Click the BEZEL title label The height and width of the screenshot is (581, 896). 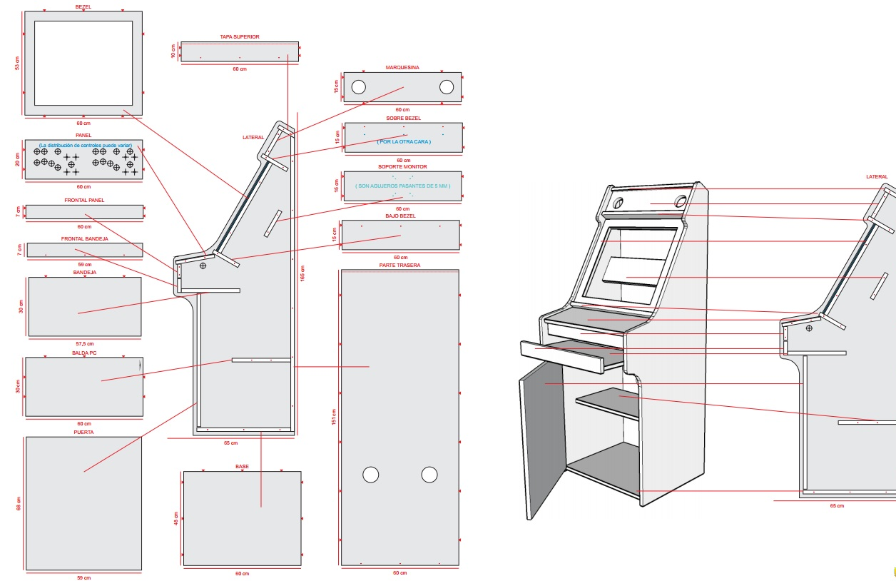click(x=83, y=6)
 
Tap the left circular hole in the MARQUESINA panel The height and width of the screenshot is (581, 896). click(x=358, y=87)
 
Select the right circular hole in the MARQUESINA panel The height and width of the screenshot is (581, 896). click(x=447, y=87)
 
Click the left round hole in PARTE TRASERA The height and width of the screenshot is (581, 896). click(x=371, y=475)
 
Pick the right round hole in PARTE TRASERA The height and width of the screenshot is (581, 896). click(x=429, y=475)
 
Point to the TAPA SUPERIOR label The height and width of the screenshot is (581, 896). click(x=239, y=36)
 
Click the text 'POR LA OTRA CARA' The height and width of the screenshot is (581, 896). click(x=404, y=141)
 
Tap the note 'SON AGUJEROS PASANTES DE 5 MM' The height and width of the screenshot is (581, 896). click(x=403, y=186)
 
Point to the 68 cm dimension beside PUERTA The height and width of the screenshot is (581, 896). click(x=19, y=503)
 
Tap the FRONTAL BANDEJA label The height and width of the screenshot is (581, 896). click(x=84, y=238)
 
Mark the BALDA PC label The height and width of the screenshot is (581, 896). click(x=84, y=353)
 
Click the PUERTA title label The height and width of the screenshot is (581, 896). click(x=83, y=432)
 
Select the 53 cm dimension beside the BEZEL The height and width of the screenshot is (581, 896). click(x=17, y=64)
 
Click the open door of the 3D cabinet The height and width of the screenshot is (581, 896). click(x=542, y=435)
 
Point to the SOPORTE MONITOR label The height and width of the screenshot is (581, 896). click(x=402, y=166)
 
